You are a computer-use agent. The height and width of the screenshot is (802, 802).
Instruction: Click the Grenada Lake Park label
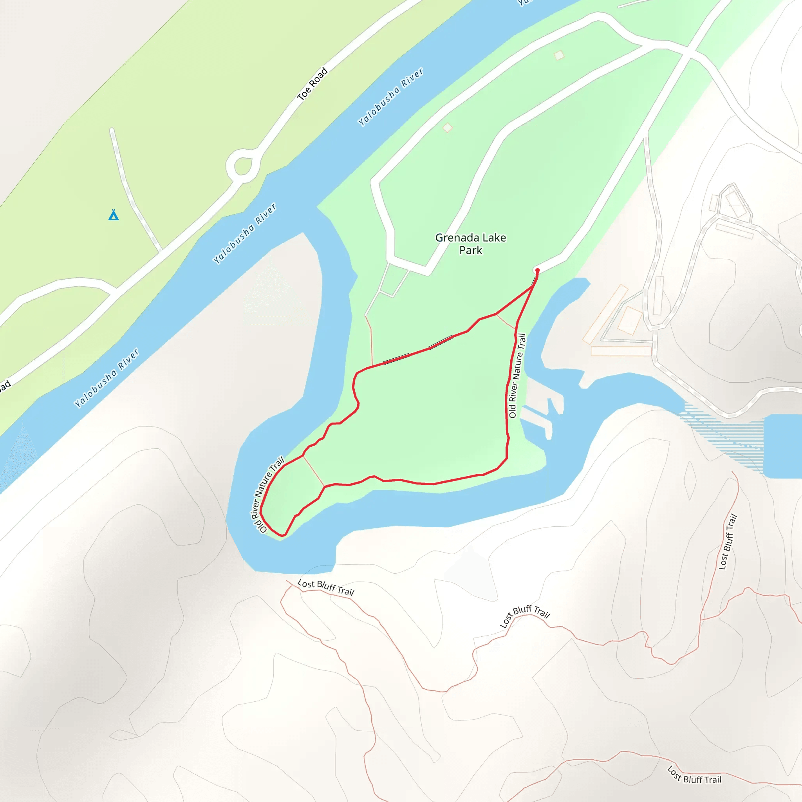point(470,244)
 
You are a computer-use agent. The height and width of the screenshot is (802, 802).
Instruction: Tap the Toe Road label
point(312,84)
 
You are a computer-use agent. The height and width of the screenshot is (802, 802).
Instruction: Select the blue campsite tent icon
point(113,215)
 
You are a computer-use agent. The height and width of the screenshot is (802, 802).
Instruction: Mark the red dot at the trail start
point(537,270)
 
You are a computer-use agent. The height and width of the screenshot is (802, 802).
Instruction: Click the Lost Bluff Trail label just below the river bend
point(326,587)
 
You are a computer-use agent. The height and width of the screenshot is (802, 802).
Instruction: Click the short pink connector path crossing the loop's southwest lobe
point(313,471)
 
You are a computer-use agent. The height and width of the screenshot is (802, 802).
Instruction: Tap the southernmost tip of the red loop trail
point(283,535)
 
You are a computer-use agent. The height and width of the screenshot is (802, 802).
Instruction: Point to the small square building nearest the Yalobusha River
point(447,127)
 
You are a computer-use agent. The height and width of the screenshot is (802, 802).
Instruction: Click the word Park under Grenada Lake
point(470,250)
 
